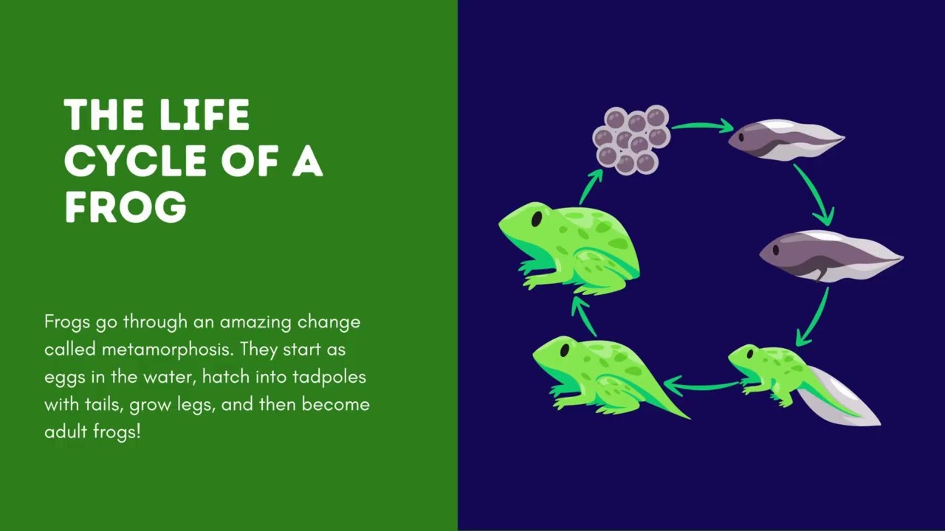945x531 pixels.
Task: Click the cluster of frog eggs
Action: coord(631,139)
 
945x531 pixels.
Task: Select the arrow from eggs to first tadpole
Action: coord(701,125)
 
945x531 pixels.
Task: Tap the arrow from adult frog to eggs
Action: coord(590,186)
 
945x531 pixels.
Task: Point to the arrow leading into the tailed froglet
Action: coord(813,317)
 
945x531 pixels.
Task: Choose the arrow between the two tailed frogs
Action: coord(701,384)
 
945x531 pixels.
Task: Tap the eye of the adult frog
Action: coord(536,219)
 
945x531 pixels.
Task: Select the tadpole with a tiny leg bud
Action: coord(827,255)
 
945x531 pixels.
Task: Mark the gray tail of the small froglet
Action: coord(845,398)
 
